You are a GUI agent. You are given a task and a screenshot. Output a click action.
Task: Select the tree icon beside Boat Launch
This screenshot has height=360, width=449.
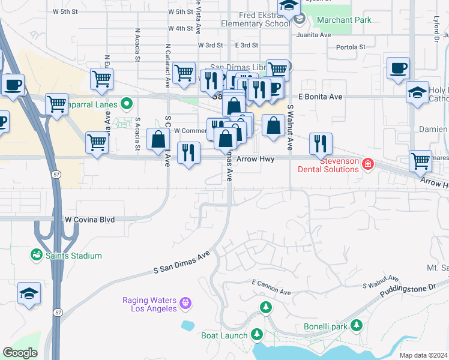click(257, 334)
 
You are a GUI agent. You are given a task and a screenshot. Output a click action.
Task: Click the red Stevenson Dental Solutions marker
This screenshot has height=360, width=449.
click(367, 164)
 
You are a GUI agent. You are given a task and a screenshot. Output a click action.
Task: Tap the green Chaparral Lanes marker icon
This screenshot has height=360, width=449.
click(126, 104)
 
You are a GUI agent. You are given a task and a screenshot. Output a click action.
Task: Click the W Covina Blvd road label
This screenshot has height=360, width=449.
click(89, 220)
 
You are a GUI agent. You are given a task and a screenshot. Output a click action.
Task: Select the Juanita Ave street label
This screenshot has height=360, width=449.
click(318, 35)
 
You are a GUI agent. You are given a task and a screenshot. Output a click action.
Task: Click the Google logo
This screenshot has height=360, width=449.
click(20, 353)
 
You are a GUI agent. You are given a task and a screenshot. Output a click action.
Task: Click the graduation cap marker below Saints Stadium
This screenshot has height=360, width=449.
click(29, 294)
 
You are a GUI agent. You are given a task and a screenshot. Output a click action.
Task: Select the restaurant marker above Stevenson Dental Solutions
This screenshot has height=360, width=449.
click(321, 143)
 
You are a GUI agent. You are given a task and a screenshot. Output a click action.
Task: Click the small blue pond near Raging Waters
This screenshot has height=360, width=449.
click(188, 326)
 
